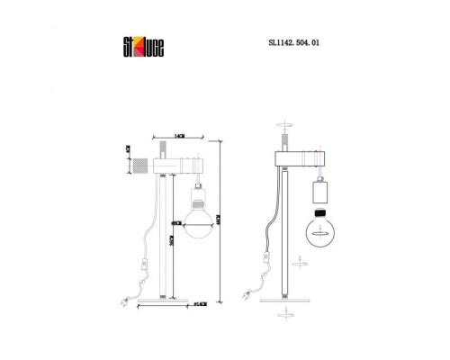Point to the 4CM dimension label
129,151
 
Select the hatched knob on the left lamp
141,166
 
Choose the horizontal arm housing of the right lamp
296,161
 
